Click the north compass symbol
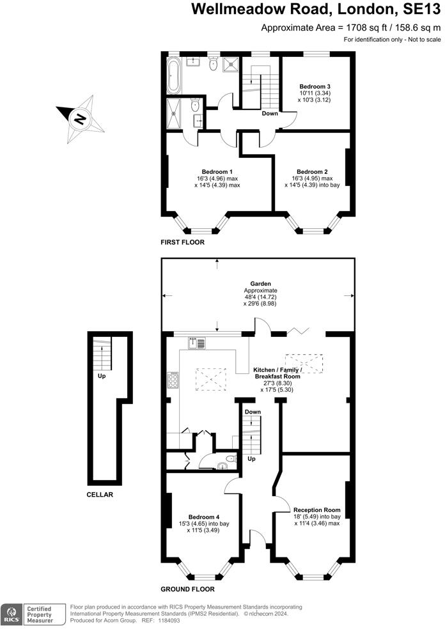pyautogui.click(x=80, y=118)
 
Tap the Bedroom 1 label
pyautogui.click(x=217, y=171)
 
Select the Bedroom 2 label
pyautogui.click(x=312, y=171)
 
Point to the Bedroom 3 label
pyautogui.click(x=315, y=86)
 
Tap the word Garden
pyautogui.click(x=261, y=283)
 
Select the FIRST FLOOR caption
pyautogui.click(x=183, y=243)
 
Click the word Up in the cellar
pyautogui.click(x=102, y=377)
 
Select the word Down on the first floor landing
pyautogui.click(x=269, y=114)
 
